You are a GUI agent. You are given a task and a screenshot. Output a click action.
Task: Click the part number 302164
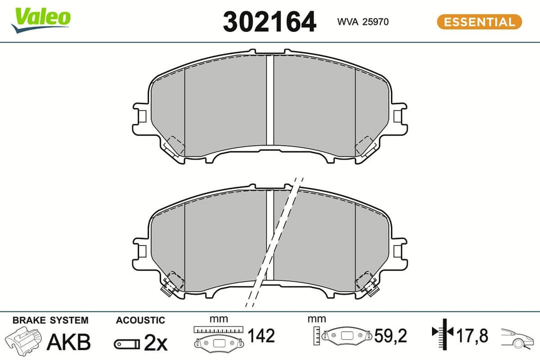pyautogui.click(x=269, y=22)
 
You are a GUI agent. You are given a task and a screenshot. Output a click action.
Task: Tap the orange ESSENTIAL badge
pyautogui.click(x=479, y=22)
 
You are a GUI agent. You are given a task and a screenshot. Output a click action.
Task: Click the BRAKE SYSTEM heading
pyautogui.click(x=50, y=320)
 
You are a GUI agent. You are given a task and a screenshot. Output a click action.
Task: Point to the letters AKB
pyautogui.click(x=68, y=342)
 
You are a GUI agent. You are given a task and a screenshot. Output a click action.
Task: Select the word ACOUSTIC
pyautogui.click(x=140, y=320)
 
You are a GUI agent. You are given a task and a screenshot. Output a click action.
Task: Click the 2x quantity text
pyautogui.click(x=155, y=342)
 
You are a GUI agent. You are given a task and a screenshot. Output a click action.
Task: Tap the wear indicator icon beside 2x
pyautogui.click(x=126, y=343)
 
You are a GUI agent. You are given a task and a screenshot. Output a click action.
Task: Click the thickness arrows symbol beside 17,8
pyautogui.click(x=441, y=332)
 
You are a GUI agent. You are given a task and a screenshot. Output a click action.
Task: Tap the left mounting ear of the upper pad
pyautogui.click(x=140, y=115)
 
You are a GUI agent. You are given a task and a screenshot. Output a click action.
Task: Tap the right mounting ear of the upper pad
pyautogui.click(x=399, y=115)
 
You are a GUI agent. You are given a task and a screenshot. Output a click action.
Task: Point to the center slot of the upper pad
pyautogui.click(x=270, y=100)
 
